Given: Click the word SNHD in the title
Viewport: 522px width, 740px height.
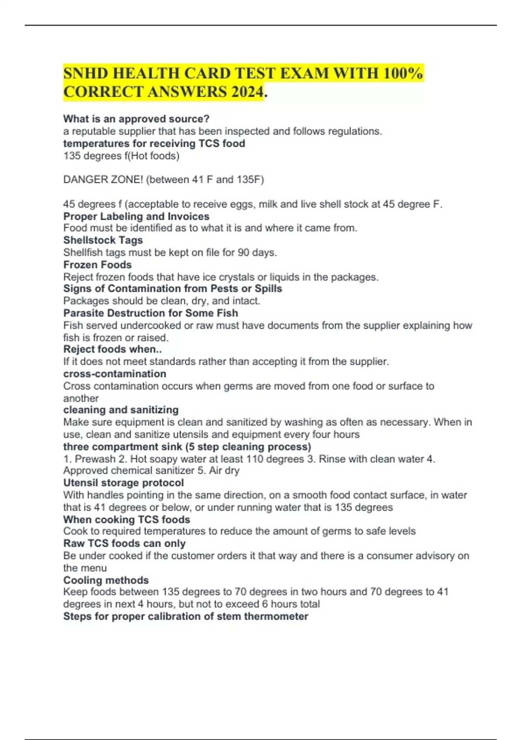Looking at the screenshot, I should tap(86, 73).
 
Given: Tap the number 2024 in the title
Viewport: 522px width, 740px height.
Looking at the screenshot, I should tap(247, 92).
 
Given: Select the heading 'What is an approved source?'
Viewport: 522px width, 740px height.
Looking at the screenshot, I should tap(136, 119).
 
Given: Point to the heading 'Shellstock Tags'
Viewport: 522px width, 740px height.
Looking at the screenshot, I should tap(103, 240).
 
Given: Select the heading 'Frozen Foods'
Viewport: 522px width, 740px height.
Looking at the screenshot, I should tap(97, 265).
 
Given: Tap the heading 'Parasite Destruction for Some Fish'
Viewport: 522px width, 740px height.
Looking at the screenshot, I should tap(151, 313).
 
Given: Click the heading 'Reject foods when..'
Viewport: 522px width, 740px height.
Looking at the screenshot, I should tap(113, 349).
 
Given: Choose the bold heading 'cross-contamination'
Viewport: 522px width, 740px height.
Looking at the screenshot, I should tap(115, 373).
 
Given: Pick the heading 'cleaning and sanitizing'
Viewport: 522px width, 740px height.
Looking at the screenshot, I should tap(121, 410).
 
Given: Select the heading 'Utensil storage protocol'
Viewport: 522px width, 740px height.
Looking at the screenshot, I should tap(124, 483).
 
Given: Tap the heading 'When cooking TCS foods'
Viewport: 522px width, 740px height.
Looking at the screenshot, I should tap(127, 519).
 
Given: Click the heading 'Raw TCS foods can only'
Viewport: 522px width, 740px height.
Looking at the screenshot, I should tap(124, 543).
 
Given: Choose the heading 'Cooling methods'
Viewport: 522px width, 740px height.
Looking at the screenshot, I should tap(106, 580).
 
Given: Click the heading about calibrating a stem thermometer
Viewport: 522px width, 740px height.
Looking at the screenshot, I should tap(186, 616).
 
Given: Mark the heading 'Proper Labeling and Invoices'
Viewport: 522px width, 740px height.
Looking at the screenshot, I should tap(136, 216).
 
